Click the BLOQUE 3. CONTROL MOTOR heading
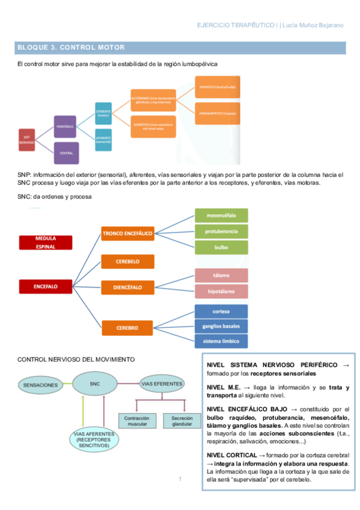[x=72, y=47]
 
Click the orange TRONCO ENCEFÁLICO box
[x=128, y=233]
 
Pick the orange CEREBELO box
[x=128, y=262]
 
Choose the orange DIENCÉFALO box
[x=128, y=288]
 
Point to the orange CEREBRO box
[x=128, y=328]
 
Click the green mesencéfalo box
[x=221, y=215]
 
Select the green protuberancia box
[x=221, y=232]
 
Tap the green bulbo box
[x=221, y=247]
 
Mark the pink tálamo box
[x=221, y=275]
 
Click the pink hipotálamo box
[x=221, y=291]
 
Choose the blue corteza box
[x=221, y=312]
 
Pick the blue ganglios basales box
[x=221, y=327]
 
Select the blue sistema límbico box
[x=221, y=341]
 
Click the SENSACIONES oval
[x=40, y=384]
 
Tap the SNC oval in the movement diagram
[x=94, y=383]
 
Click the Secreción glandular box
[x=182, y=421]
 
